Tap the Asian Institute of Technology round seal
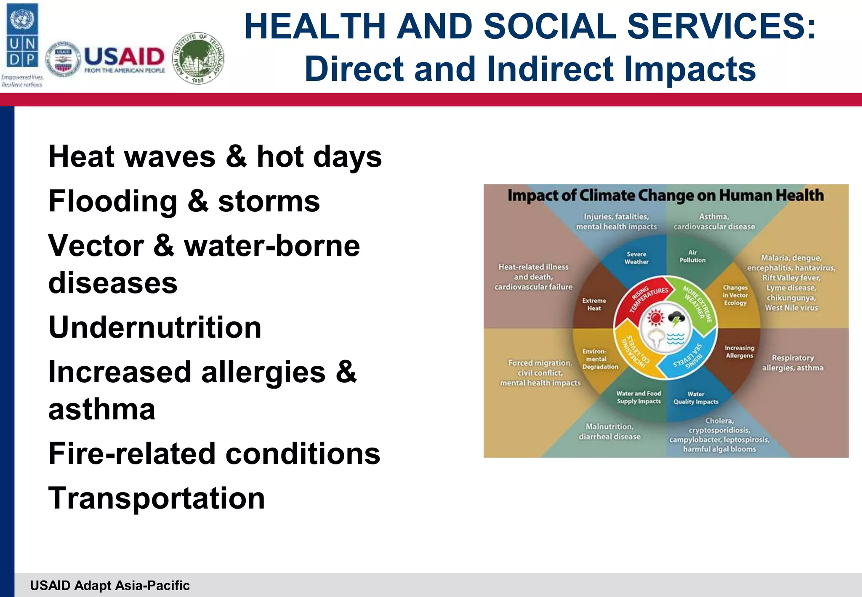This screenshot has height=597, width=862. [199, 59]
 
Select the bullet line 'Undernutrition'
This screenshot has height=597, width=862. [155, 327]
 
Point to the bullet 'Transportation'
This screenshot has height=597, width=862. [157, 498]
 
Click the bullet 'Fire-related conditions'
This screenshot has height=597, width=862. [214, 453]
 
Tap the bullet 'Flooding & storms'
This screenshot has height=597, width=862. [184, 201]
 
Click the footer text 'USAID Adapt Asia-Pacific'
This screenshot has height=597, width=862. [110, 585]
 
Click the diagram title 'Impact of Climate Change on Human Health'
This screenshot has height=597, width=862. [665, 196]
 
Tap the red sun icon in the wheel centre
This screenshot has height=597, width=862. [655, 317]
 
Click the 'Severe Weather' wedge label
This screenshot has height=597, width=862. [636, 258]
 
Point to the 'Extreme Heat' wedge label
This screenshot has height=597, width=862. [594, 304]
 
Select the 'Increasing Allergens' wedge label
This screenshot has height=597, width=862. [739, 352]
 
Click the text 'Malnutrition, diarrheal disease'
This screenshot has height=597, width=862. [609, 432]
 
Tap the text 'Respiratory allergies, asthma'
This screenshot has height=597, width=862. [793, 362]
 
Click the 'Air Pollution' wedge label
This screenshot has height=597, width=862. [692, 256]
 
